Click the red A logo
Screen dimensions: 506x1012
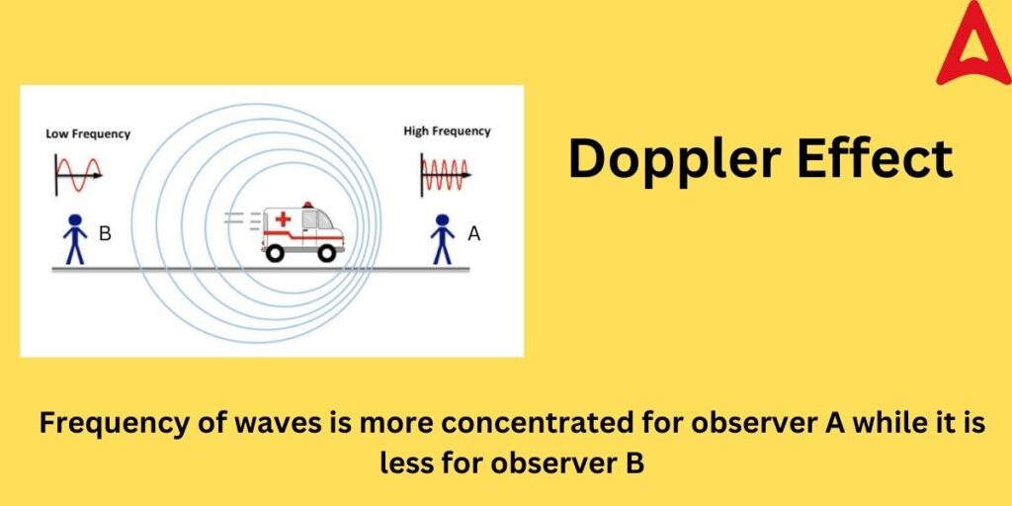click(x=973, y=44)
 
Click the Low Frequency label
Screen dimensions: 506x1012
click(x=88, y=133)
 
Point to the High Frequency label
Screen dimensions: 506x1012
click(x=447, y=131)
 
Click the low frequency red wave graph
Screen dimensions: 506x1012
click(x=78, y=175)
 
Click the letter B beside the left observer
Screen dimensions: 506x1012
click(x=106, y=234)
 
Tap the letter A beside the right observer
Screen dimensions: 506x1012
click(x=473, y=234)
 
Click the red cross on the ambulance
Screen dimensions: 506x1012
click(x=283, y=220)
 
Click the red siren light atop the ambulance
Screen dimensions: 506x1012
click(x=307, y=205)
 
